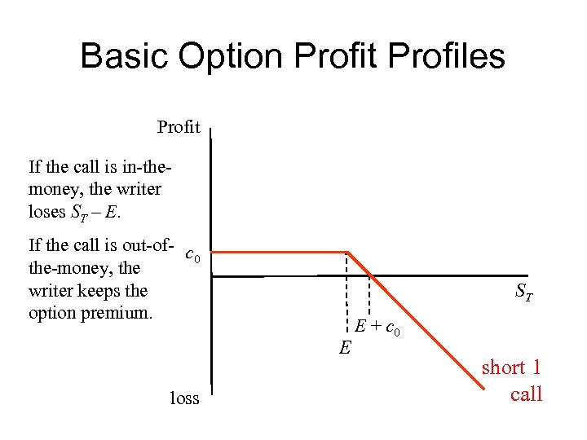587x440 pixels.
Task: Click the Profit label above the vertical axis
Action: tap(179, 127)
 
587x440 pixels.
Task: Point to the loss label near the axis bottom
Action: tap(184, 398)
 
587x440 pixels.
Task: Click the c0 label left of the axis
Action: tap(193, 255)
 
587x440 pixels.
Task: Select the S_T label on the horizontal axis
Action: tap(524, 293)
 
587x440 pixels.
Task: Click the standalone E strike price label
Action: tap(345, 349)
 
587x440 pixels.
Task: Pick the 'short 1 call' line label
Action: tap(511, 381)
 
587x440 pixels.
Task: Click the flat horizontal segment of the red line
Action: tap(277, 252)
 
